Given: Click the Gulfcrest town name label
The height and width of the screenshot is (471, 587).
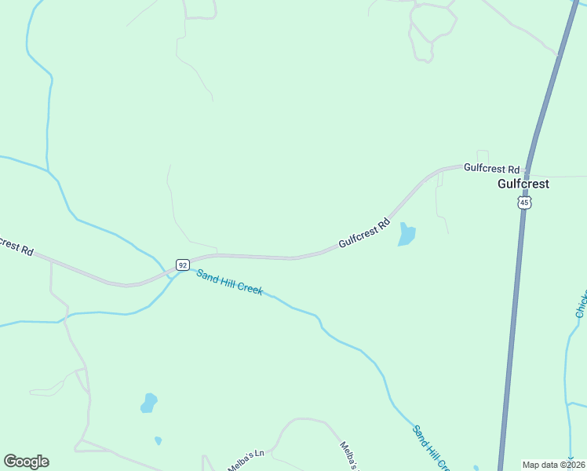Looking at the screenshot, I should (x=523, y=184).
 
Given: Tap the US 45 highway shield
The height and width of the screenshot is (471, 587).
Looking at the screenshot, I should (x=524, y=203).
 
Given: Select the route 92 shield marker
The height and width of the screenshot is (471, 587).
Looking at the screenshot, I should (x=182, y=265).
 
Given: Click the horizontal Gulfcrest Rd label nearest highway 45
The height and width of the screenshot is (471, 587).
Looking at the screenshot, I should (x=492, y=168).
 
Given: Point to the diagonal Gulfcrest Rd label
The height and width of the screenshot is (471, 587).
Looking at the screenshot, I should (x=364, y=233).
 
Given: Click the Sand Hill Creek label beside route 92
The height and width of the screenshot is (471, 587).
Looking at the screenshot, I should (x=229, y=282).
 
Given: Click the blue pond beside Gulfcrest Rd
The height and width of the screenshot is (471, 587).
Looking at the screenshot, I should (x=407, y=234).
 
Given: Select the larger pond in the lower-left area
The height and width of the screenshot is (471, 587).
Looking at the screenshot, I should (x=148, y=403).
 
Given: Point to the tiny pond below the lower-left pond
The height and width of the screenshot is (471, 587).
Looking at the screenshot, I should (x=158, y=440).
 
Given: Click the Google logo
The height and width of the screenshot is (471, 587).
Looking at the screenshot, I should (x=26, y=462).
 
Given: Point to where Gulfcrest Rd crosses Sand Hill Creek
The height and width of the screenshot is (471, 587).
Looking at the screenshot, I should (x=170, y=272).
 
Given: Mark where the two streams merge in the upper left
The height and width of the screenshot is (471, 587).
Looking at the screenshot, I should (x=49, y=169).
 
